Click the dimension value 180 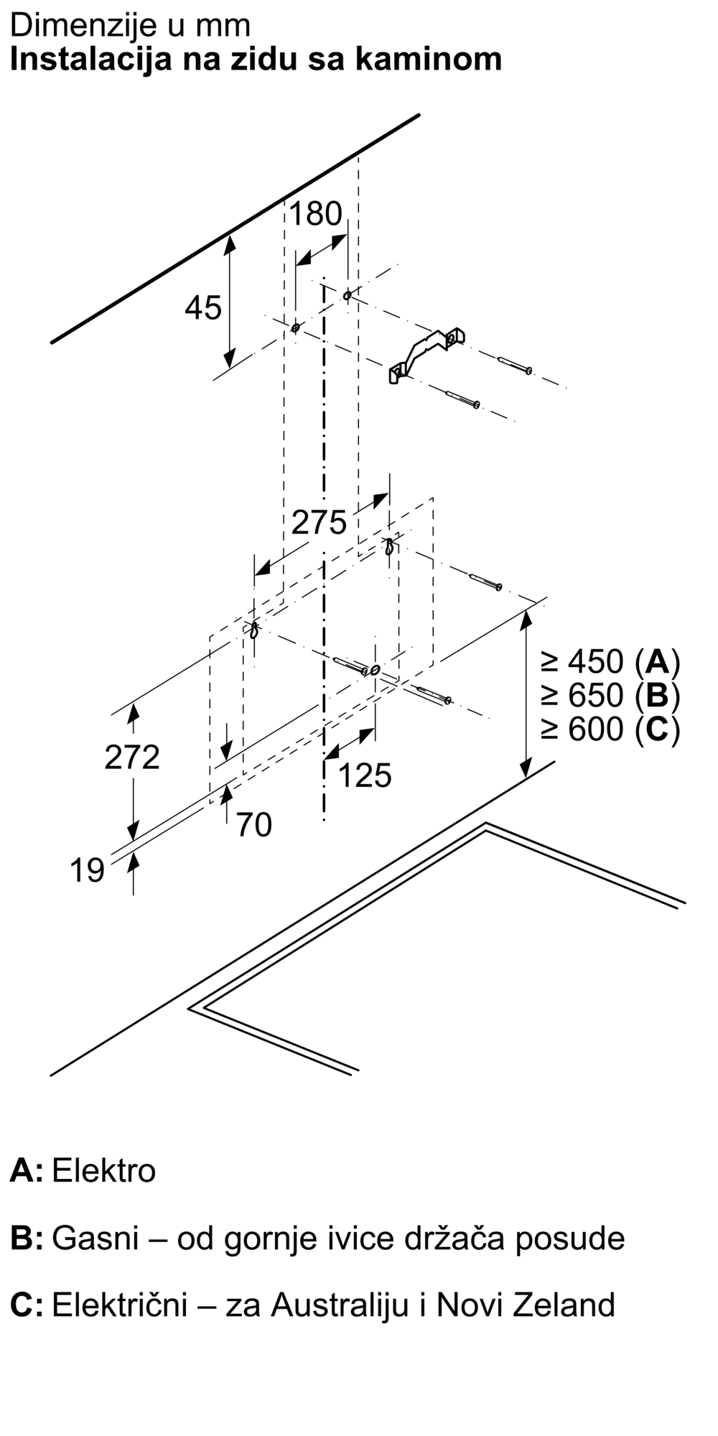(x=316, y=214)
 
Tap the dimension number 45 (x=203, y=308)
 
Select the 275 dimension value (x=320, y=522)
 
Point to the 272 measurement (x=132, y=757)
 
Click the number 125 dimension (x=365, y=775)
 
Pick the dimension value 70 (x=254, y=825)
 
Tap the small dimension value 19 (x=87, y=871)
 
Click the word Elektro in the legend (x=104, y=1171)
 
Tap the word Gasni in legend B (x=95, y=1239)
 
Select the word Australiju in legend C (x=340, y=1305)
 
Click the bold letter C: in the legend (x=27, y=1305)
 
